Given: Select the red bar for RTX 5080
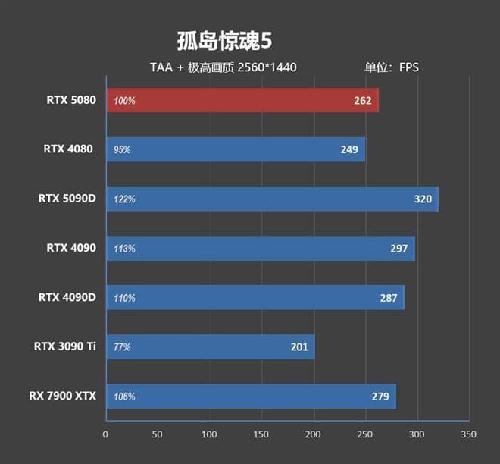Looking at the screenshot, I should (242, 100).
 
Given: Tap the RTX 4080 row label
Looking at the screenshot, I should (68, 149).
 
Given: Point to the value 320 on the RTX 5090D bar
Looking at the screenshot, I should (423, 199).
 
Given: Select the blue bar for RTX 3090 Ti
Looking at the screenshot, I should (210, 347).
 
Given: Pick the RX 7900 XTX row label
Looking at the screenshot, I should (63, 396).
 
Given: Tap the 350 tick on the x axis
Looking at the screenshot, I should (469, 435).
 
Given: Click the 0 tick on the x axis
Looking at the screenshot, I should (106, 435).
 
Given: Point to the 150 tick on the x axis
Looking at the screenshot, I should (261, 435).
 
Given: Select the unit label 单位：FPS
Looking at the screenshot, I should (392, 67).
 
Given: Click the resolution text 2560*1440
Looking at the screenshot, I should (267, 67).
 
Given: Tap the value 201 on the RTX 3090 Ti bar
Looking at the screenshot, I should (299, 347).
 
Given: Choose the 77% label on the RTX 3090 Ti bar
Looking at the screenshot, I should (122, 347).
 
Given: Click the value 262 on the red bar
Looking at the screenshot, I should (362, 101).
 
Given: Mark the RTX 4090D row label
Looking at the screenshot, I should (67, 297).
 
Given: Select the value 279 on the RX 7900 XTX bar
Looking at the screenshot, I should (380, 397).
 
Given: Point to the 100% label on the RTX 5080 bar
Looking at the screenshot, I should (124, 101).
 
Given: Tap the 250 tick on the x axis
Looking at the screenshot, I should (365, 435).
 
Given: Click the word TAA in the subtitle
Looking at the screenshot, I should (161, 67).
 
